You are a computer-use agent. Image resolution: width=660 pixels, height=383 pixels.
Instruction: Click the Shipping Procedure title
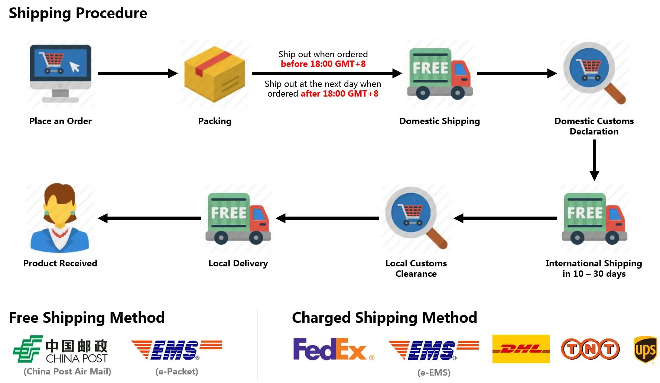coord(78,13)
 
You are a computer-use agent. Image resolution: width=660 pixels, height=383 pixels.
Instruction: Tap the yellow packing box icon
coord(215,74)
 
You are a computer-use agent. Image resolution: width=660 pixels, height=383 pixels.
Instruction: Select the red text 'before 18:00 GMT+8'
coord(323,64)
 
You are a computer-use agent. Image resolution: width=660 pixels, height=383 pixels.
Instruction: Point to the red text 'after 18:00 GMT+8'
coord(339,94)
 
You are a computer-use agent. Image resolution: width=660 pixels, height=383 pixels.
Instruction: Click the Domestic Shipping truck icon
coord(440,74)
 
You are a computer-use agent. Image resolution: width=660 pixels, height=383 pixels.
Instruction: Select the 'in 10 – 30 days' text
coord(594,274)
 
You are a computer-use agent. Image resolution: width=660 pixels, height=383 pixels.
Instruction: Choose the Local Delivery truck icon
coord(238,218)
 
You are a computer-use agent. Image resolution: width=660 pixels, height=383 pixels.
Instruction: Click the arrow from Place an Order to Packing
coord(137,73)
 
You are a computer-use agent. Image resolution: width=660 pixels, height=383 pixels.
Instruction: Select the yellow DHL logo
coord(521,349)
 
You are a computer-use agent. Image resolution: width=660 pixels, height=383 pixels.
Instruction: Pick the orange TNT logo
coord(590,349)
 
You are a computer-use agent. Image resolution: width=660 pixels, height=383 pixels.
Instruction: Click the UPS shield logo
coord(646,349)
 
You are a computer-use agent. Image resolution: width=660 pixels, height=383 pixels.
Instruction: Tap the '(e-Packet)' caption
coord(177,371)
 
